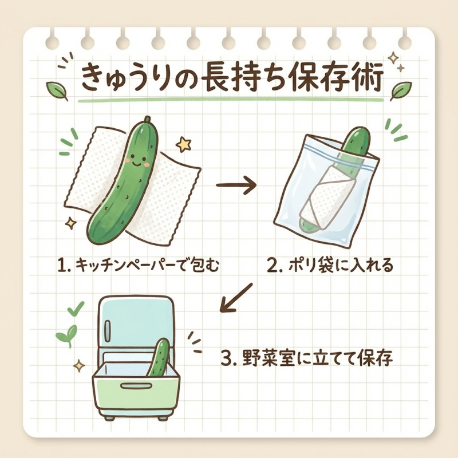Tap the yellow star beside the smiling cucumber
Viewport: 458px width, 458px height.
183,144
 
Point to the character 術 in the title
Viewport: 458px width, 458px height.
365,78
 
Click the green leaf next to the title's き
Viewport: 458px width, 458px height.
58,90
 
